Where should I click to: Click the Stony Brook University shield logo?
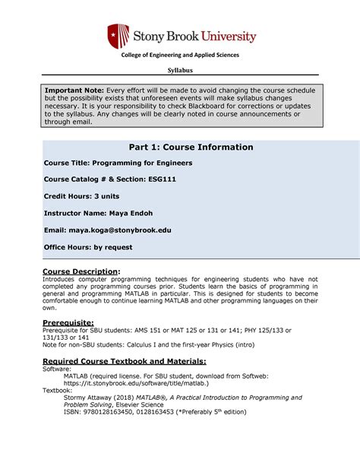coord(115,36)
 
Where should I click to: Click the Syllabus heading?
coord(180,70)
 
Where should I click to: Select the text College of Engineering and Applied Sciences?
coord(180,55)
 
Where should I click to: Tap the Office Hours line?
coord(88,246)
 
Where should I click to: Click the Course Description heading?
coord(81,271)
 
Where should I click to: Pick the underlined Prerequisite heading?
coord(68,322)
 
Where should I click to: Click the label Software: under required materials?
coord(57,368)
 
